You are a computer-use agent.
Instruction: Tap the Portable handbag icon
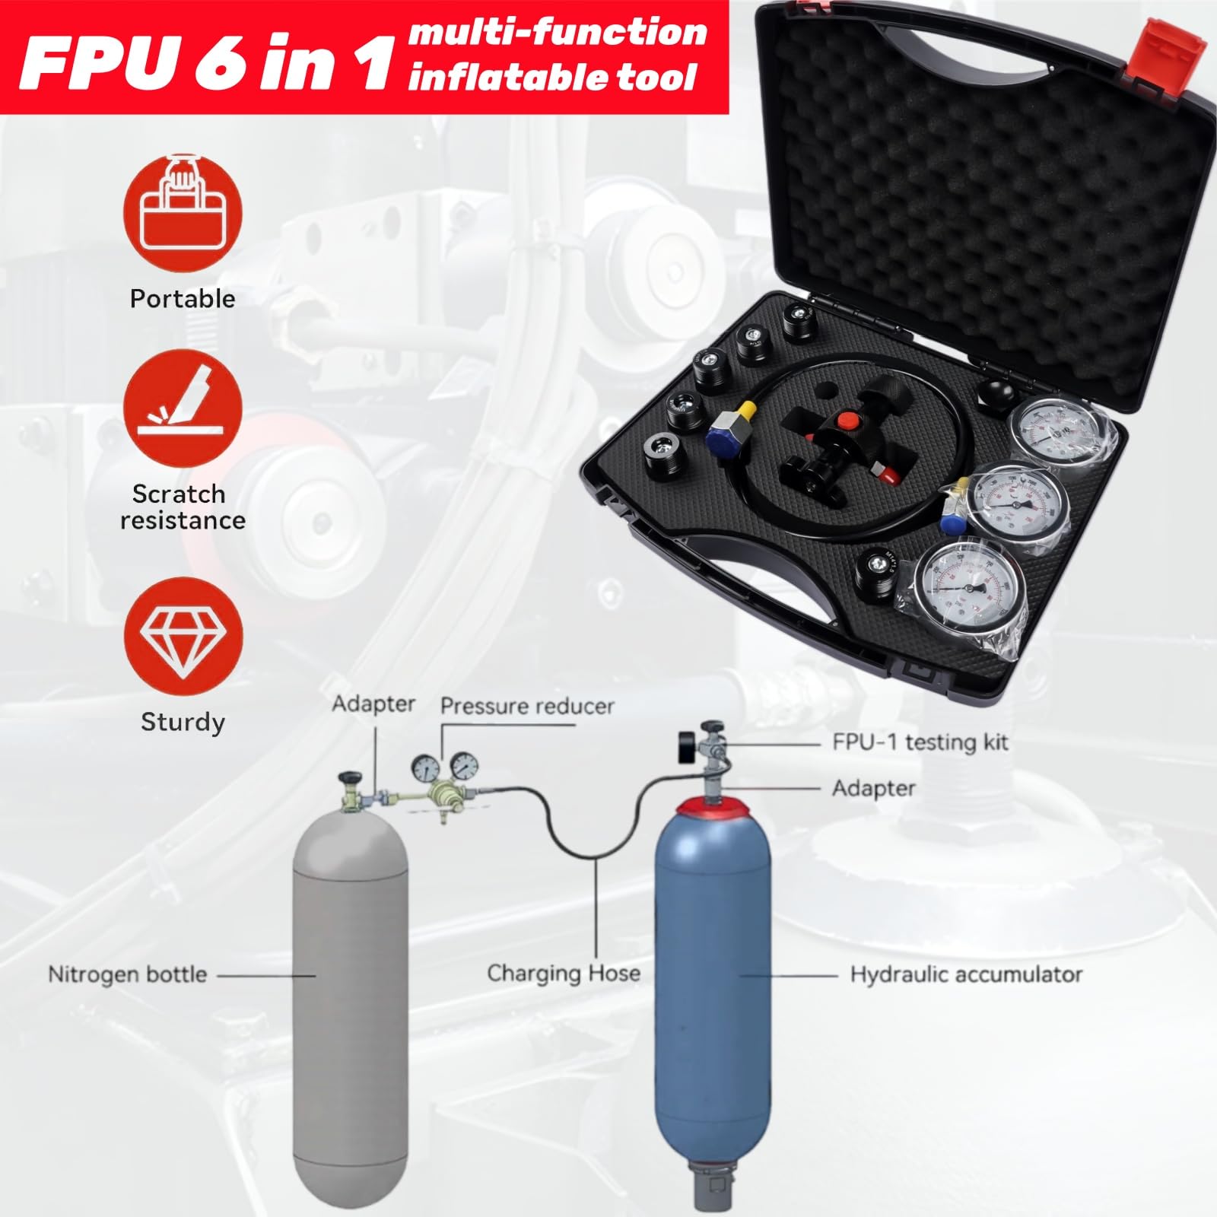183,214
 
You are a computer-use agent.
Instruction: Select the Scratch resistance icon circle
183,409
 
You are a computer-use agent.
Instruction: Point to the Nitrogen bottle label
127,974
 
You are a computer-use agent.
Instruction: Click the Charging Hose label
563,973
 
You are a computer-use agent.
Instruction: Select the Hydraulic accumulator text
965,974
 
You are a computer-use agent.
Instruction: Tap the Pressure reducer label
527,707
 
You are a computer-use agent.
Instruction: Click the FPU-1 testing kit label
920,742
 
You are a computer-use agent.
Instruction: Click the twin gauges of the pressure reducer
442,767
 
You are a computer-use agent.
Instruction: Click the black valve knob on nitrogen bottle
351,778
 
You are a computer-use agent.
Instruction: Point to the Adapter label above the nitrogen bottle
373,704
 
